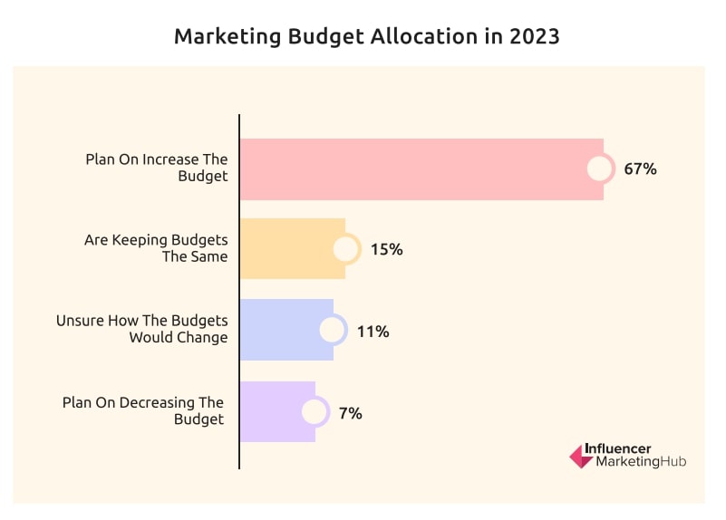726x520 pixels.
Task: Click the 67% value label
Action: pos(639,169)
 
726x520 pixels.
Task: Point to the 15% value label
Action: pos(386,249)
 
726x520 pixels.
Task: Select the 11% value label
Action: pos(373,331)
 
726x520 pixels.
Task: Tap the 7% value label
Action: pos(350,412)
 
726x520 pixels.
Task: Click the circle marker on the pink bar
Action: pos(600,169)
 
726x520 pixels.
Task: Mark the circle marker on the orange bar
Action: pos(345,249)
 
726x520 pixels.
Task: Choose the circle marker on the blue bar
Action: pos(333,331)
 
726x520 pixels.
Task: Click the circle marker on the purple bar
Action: pos(315,412)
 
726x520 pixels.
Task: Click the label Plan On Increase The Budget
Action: pos(157,168)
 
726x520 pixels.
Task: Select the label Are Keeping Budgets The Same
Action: pos(156,248)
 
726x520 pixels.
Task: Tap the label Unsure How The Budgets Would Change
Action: pos(142,329)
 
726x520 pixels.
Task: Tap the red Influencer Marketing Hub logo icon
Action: pos(580,456)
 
